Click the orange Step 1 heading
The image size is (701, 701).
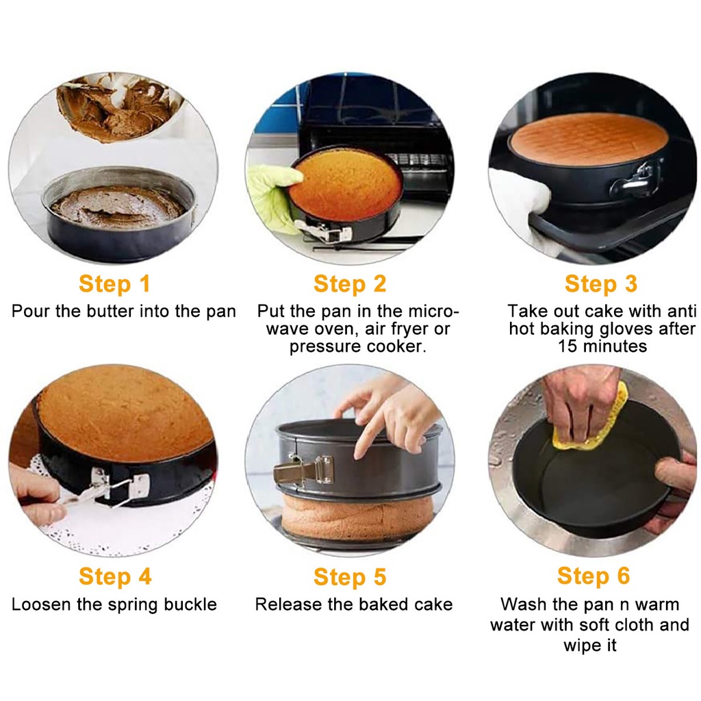coord(114,284)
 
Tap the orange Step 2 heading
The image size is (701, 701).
coord(350,284)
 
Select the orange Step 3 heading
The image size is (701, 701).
coord(601,284)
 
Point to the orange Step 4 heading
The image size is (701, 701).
coord(115,576)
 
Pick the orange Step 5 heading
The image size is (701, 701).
coord(350,576)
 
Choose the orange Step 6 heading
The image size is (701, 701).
coord(594,576)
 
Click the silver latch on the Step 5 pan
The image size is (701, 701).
coord(304,470)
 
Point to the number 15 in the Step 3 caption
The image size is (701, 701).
coord(568,346)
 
